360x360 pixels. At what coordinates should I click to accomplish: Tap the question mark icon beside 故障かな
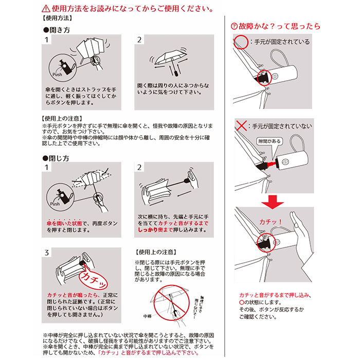tap(234, 26)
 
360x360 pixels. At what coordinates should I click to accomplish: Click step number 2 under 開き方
tap(139, 40)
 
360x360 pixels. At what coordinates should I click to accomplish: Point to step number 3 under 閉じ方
tap(47, 253)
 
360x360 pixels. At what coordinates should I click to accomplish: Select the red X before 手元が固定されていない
tap(239, 126)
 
